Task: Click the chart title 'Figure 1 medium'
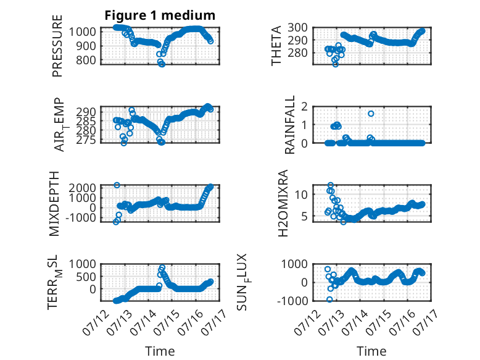pyautogui.click(x=160, y=15)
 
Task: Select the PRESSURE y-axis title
pyautogui.click(x=57, y=46)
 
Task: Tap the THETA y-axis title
pyautogui.click(x=276, y=46)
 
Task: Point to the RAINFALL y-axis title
pyautogui.click(x=289, y=125)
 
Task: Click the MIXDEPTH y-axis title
pyautogui.click(x=54, y=204)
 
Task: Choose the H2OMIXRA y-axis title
pyautogui.click(x=283, y=203)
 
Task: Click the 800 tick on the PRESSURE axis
pyautogui.click(x=86, y=61)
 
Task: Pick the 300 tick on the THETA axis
pyautogui.click(x=297, y=28)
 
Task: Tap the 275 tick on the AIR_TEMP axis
pyautogui.click(x=86, y=140)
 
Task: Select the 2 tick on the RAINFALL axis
pyautogui.click(x=304, y=107)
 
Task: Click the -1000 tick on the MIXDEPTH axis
pyautogui.click(x=81, y=218)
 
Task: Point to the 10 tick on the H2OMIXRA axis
pyautogui.click(x=301, y=195)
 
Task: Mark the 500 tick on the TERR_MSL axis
pyautogui.click(x=86, y=277)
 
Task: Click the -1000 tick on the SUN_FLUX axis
pyautogui.click(x=292, y=301)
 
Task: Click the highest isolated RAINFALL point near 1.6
pyautogui.click(x=371, y=114)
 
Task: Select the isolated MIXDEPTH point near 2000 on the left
pyautogui.click(x=117, y=185)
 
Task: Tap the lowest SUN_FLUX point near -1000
pyautogui.click(x=329, y=299)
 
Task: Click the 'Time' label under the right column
pyautogui.click(x=371, y=351)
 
